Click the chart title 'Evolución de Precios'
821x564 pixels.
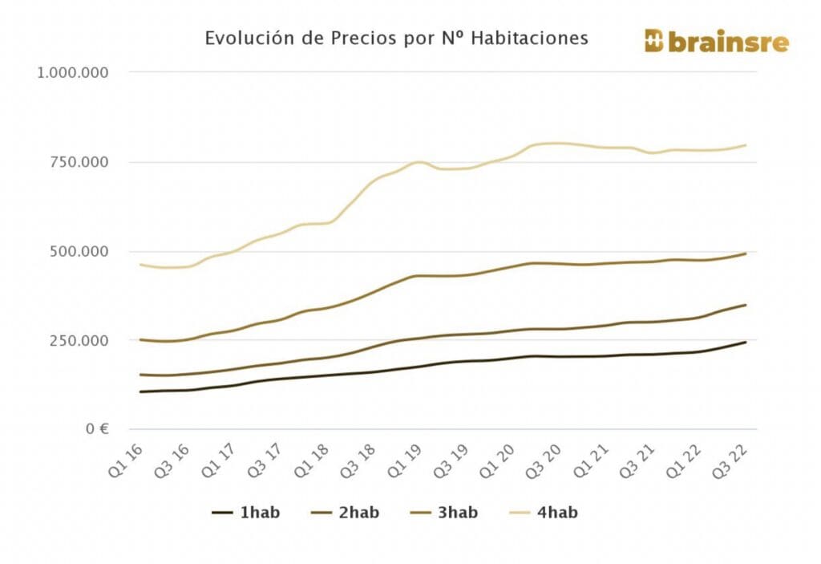click(396, 39)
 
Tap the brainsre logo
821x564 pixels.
click(716, 42)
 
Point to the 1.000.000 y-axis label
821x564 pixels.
click(73, 73)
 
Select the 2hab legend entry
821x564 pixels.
click(346, 513)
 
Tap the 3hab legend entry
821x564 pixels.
click(444, 513)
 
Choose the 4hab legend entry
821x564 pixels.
click(544, 513)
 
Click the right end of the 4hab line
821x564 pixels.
click(746, 145)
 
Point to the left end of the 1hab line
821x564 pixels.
click(140, 392)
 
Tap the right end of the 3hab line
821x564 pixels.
click(746, 254)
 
